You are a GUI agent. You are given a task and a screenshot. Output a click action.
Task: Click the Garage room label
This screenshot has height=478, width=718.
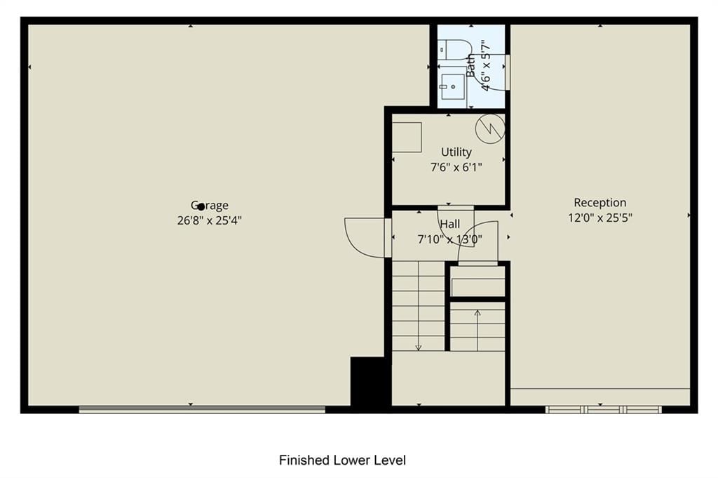click(x=209, y=206)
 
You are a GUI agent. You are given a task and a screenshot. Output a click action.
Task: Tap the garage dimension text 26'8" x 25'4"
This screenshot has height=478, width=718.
click(x=209, y=220)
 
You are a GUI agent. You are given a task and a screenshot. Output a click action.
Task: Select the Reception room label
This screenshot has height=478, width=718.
click(x=600, y=203)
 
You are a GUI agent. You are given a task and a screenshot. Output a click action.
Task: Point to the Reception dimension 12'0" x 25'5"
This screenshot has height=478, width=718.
click(x=600, y=218)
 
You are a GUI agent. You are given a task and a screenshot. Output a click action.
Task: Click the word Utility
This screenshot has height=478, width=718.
click(x=456, y=152)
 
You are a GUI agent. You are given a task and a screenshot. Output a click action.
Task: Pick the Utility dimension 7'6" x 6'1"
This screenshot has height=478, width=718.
click(x=456, y=167)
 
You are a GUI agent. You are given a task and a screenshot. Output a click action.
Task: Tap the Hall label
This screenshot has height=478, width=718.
click(x=449, y=224)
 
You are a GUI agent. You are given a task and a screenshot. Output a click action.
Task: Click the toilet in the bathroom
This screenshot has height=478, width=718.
click(x=454, y=49)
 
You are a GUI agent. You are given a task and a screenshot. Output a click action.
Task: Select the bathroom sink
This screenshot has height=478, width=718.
click(x=452, y=86)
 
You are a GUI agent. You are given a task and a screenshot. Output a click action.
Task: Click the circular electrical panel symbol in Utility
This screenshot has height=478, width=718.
click(x=490, y=128)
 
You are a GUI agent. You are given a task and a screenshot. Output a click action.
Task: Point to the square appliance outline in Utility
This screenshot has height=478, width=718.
click(x=407, y=137)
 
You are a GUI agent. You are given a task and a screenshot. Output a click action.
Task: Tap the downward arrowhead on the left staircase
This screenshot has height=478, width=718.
click(x=418, y=348)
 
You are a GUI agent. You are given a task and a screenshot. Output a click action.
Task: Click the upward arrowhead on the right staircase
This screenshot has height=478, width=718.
click(x=477, y=313)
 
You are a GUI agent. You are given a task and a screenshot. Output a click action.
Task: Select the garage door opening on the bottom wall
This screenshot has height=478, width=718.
click(x=202, y=409)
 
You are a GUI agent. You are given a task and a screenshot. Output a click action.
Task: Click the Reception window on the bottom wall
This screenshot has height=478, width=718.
click(x=603, y=409)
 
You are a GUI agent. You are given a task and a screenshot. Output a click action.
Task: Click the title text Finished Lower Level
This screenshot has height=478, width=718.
click(x=342, y=460)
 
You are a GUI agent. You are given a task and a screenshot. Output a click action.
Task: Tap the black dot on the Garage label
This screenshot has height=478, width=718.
click(x=201, y=206)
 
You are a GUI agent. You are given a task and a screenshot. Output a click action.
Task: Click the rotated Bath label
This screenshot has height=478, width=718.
click(x=471, y=65)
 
